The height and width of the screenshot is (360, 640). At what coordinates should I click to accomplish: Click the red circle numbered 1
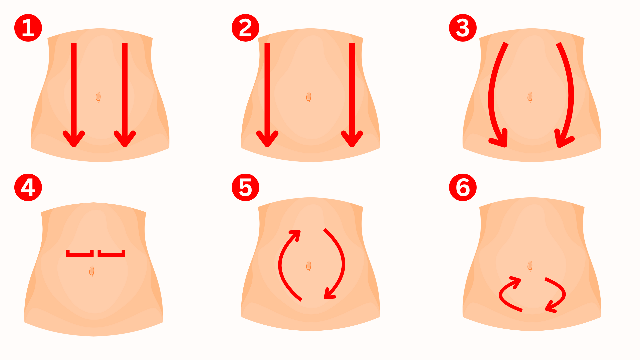point(28,28)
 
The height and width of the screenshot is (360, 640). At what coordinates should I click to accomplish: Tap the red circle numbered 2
point(245,28)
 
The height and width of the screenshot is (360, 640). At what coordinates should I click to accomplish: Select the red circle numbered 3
point(463,28)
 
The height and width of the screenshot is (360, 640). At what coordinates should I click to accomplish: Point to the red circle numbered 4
point(28,187)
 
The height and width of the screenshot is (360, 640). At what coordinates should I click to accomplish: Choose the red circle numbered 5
point(245,187)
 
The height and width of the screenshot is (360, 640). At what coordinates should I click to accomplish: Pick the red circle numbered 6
point(463,187)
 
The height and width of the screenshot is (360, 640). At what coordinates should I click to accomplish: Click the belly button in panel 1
point(98,97)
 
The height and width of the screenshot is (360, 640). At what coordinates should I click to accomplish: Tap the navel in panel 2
point(309,97)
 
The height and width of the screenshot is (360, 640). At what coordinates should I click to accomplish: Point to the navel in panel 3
point(530,97)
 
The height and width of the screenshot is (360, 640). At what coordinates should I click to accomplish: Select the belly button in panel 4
point(92,271)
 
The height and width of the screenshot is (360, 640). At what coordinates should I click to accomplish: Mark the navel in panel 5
point(309,266)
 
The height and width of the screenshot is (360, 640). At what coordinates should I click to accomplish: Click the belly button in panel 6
point(530,266)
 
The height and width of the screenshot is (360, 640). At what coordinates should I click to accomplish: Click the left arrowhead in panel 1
point(74,139)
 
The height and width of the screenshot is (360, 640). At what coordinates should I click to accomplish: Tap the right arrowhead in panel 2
point(352,139)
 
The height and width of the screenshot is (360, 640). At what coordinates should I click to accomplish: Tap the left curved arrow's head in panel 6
point(515,282)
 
